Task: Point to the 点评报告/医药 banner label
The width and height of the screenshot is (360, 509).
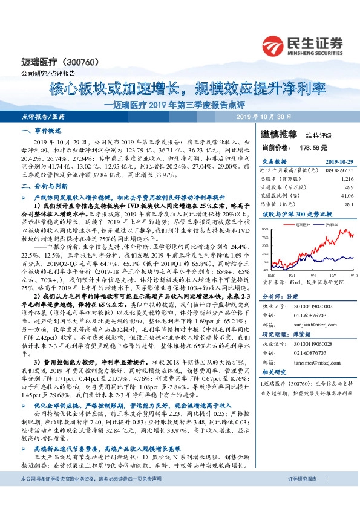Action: point(42,116)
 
